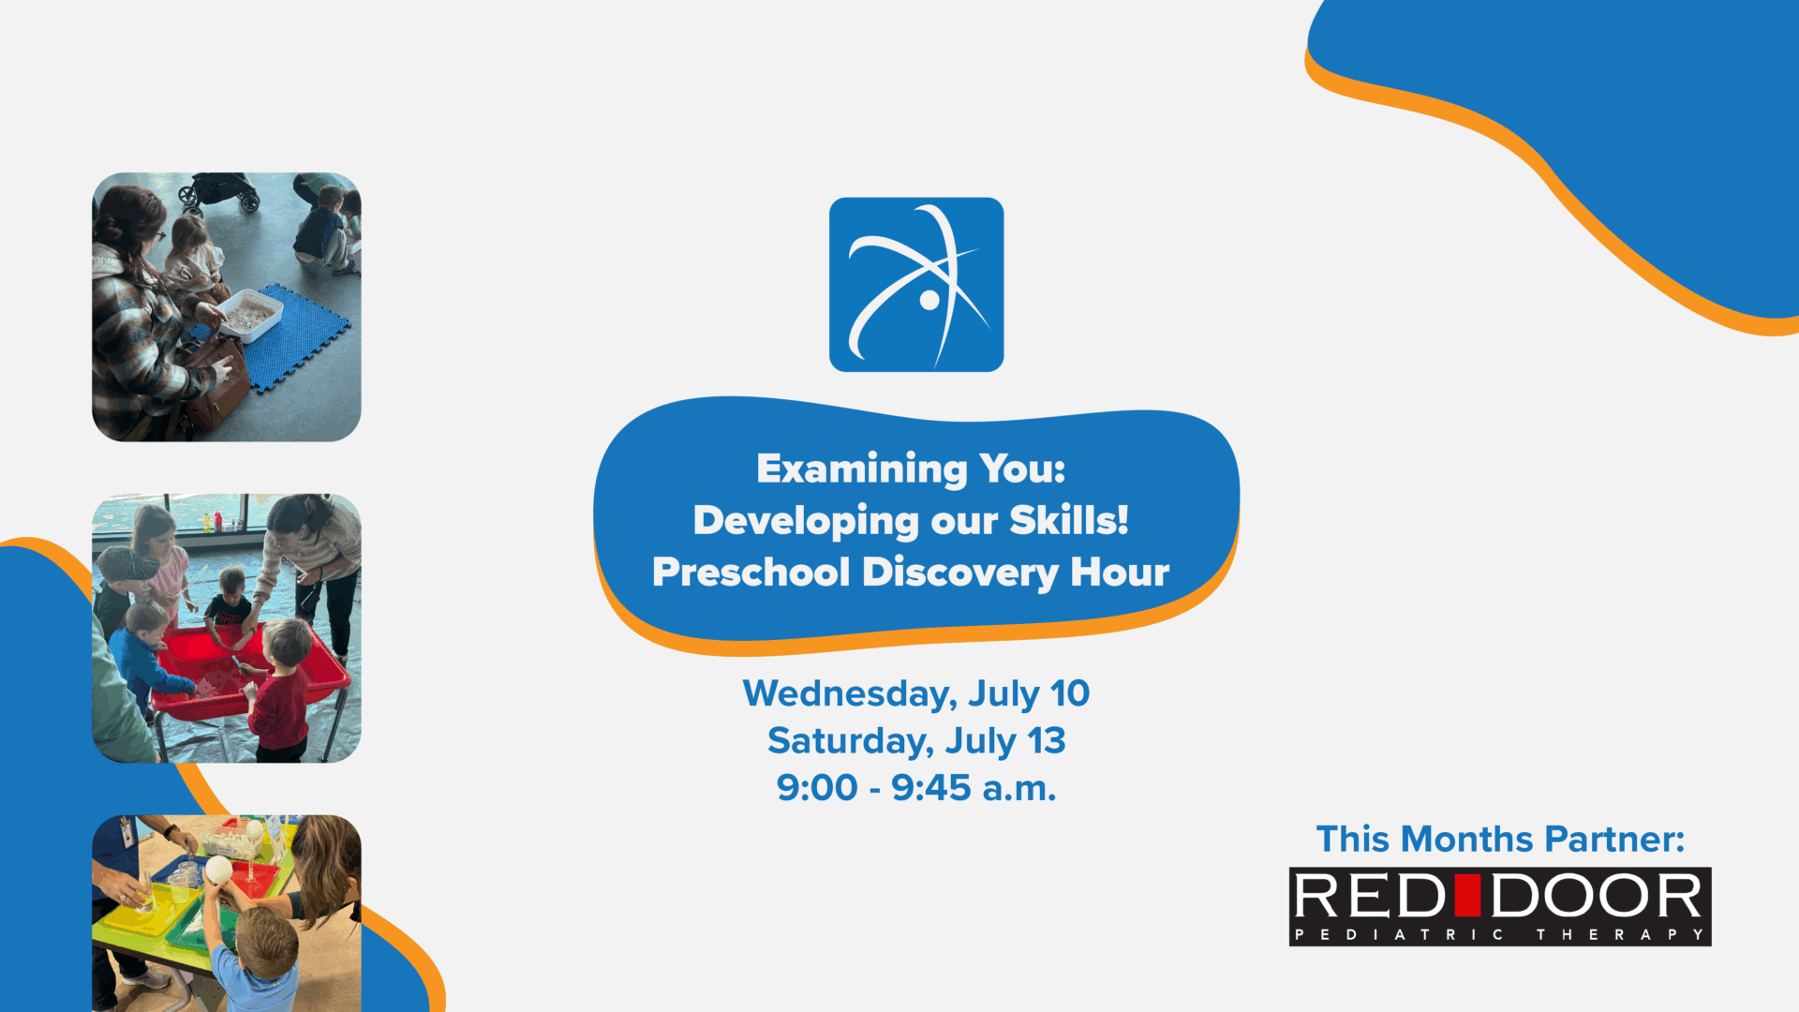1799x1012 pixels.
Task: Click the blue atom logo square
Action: [x=916, y=285]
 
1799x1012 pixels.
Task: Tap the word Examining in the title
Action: [x=862, y=469]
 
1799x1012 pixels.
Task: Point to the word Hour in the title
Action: [x=1120, y=572]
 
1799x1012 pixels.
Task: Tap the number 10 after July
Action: [x=1070, y=693]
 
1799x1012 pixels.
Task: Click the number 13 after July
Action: [x=1047, y=741]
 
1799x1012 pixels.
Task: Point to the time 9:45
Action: [x=931, y=788]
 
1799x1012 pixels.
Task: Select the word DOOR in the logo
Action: [x=1597, y=896]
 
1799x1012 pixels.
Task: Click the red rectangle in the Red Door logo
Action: [x=1468, y=895]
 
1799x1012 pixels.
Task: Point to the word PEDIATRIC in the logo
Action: [x=1399, y=934]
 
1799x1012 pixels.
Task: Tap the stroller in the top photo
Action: [x=220, y=191]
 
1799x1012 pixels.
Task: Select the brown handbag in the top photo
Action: [x=214, y=384]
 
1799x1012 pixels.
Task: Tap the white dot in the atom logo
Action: [x=929, y=300]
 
